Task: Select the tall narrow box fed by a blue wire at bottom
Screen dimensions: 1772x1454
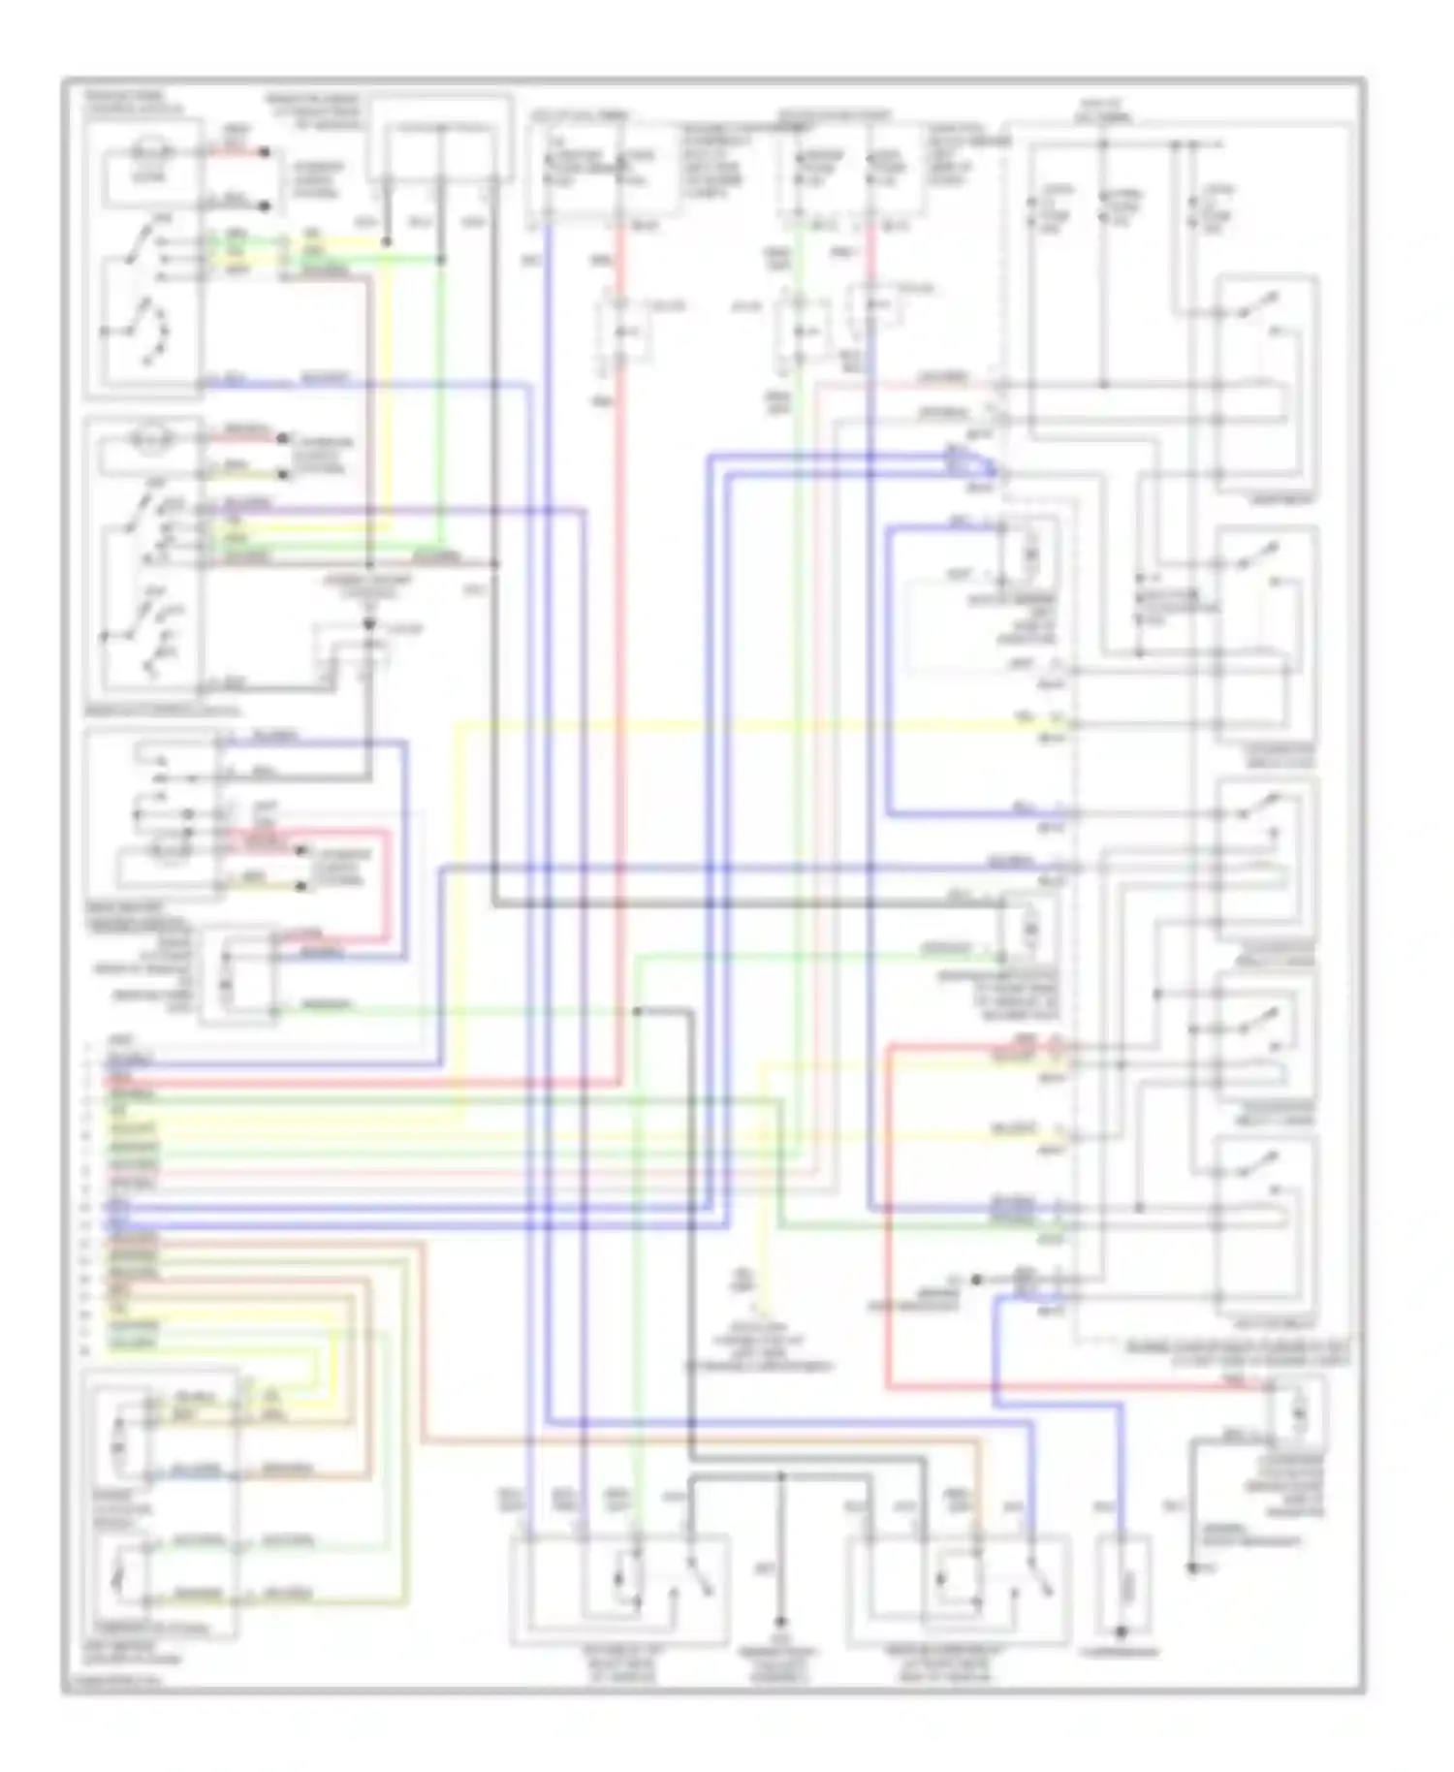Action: tap(1125, 1587)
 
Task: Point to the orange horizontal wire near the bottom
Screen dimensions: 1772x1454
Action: tap(698, 1441)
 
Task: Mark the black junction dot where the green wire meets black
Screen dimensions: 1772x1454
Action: tap(637, 1011)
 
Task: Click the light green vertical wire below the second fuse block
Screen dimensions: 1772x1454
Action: tap(797, 679)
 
